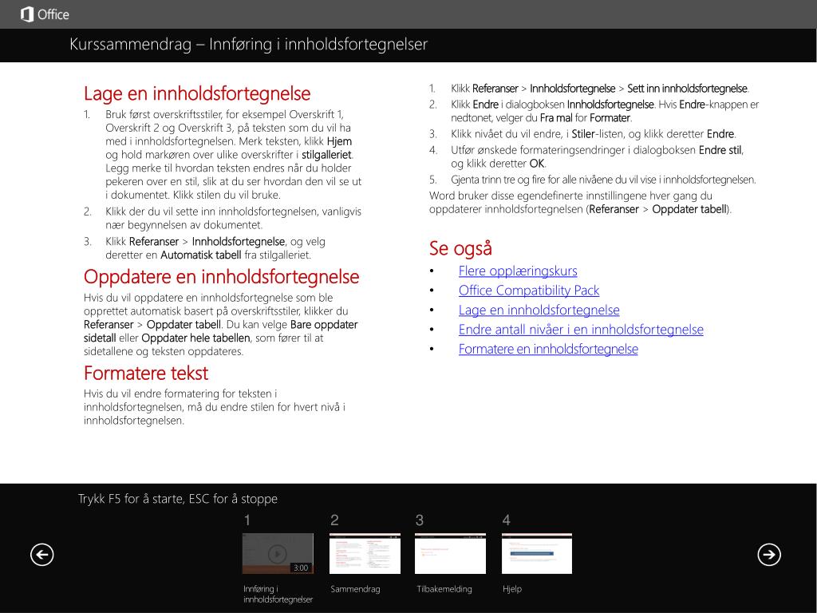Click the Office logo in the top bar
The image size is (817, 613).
45,14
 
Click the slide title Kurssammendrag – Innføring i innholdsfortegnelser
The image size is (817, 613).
248,45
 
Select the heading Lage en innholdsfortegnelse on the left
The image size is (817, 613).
197,94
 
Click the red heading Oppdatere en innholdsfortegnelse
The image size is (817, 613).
221,277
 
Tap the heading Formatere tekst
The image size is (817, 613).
145,373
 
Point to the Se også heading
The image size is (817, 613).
460,248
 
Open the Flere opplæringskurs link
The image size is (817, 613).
517,271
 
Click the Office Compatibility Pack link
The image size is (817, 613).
528,291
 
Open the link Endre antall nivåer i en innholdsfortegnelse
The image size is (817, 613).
581,330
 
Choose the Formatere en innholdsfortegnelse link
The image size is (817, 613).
548,349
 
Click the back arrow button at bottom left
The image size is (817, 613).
41,554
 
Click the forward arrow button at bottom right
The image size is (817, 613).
769,554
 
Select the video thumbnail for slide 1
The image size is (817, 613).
277,552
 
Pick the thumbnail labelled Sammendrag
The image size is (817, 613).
365,553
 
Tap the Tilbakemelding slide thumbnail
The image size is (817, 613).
450,553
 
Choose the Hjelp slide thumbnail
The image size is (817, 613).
536,553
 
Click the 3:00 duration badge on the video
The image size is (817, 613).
301,568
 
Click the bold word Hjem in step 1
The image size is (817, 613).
339,141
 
